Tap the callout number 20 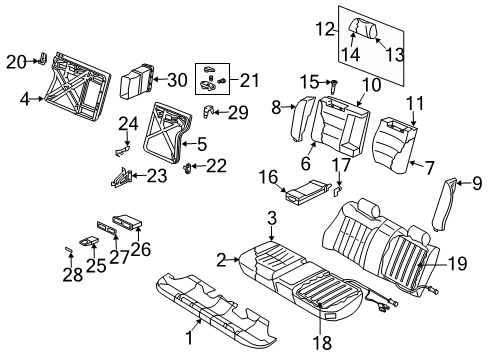point(14,61)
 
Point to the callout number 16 point(269,177)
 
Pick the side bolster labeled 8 point(301,120)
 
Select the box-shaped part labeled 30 point(139,79)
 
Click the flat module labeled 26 point(131,221)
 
